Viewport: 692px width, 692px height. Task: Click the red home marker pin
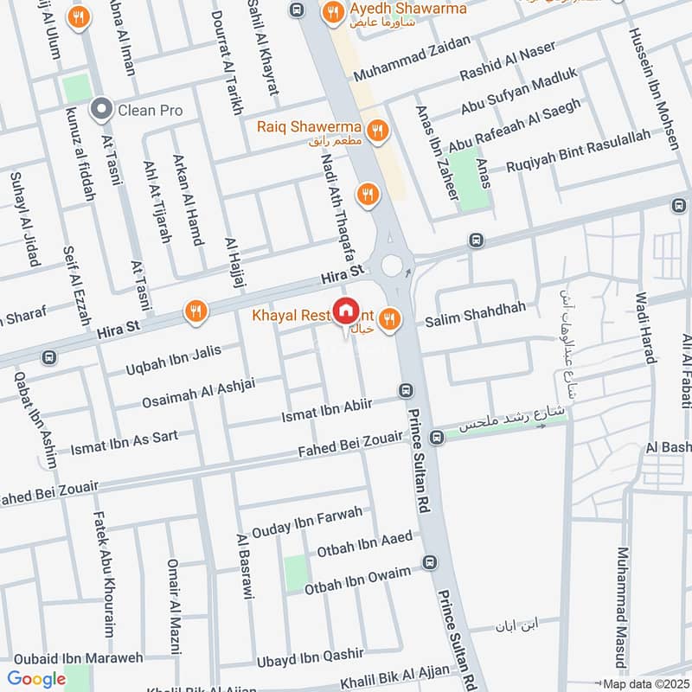point(346,311)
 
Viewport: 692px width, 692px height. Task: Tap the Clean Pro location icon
point(103,110)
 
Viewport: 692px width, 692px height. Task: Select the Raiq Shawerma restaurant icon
point(376,131)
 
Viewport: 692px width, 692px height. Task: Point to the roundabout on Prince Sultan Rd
point(394,263)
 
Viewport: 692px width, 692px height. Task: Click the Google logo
point(36,679)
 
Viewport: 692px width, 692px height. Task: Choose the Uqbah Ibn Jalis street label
point(174,361)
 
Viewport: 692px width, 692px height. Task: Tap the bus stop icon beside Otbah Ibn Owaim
point(430,564)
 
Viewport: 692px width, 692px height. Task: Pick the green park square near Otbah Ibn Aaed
point(296,573)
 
